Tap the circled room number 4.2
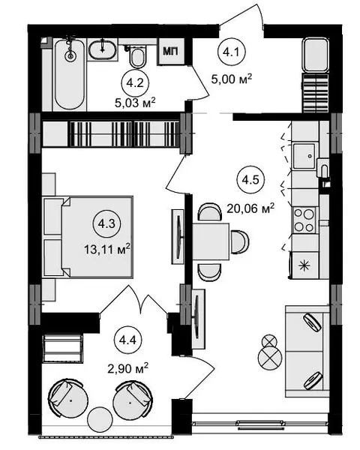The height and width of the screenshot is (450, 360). (x=135, y=83)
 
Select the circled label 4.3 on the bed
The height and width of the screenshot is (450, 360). (x=106, y=223)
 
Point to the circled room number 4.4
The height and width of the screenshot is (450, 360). (x=127, y=340)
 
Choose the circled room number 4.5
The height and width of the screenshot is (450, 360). (x=250, y=180)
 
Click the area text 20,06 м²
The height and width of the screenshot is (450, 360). (x=250, y=208)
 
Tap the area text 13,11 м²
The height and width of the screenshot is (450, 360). (x=107, y=248)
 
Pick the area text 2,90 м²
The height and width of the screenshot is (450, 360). (x=127, y=368)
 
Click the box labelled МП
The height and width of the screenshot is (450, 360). (x=171, y=51)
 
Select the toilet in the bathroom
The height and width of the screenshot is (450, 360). (x=137, y=57)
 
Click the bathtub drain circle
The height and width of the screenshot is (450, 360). (x=70, y=56)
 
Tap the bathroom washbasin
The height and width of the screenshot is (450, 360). (x=103, y=50)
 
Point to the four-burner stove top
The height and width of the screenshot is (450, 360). (x=304, y=220)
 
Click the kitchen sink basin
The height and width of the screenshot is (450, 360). (x=304, y=156)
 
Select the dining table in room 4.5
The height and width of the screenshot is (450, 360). (x=211, y=241)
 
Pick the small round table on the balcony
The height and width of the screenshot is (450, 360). (x=100, y=419)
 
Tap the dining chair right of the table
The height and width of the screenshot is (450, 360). (x=240, y=241)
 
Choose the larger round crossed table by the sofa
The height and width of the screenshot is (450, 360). (x=270, y=358)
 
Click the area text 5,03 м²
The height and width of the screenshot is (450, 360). (x=135, y=103)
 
